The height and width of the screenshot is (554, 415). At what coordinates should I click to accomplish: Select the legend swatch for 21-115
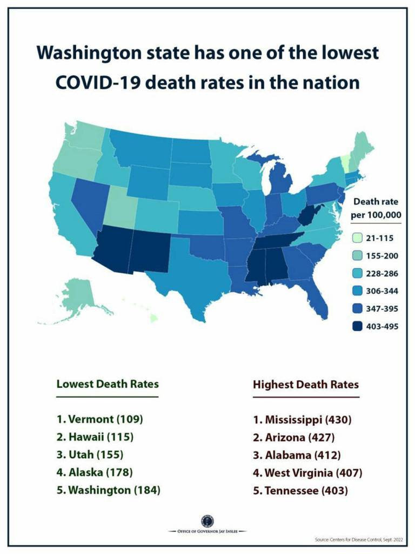(x=357, y=238)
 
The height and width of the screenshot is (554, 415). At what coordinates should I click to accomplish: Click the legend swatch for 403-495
(x=357, y=326)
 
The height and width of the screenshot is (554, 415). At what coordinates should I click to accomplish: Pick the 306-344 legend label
(x=383, y=291)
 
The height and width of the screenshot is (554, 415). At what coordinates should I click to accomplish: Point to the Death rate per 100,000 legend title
(x=376, y=208)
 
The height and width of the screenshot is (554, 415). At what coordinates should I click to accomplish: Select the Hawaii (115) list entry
(x=95, y=437)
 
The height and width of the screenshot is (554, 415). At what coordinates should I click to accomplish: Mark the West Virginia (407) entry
(x=307, y=473)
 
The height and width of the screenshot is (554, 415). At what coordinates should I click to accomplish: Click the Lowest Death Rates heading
(x=108, y=384)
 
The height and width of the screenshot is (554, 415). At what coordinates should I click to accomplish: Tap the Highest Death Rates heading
(x=305, y=385)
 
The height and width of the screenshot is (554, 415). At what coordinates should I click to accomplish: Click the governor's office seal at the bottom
(x=207, y=521)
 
